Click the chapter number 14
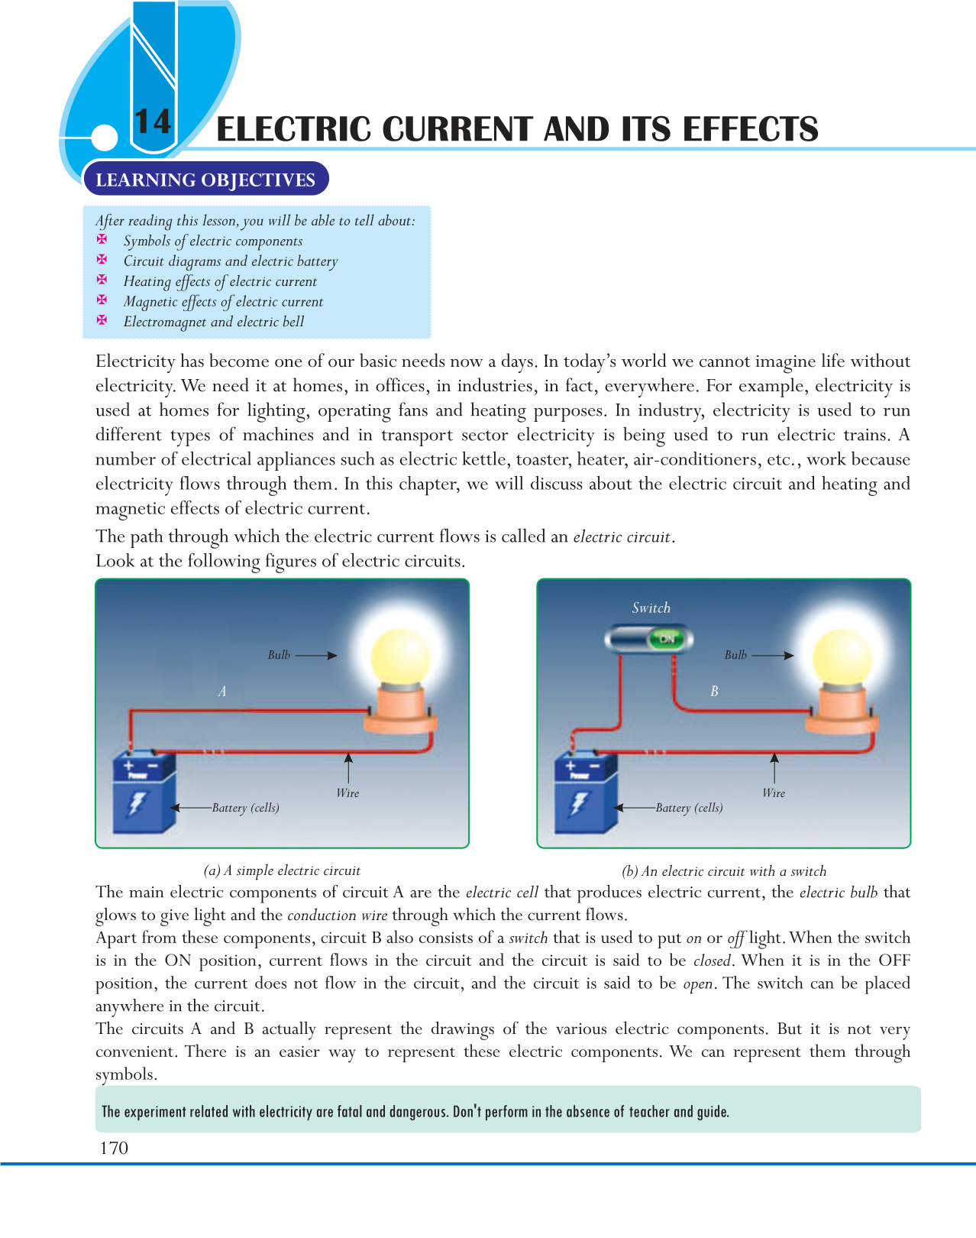[x=152, y=122]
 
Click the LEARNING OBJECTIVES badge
[x=205, y=180]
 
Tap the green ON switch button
[x=666, y=639]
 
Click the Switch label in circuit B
[x=651, y=608]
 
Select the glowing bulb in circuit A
[x=400, y=657]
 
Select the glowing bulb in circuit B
[x=842, y=657]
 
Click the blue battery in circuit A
[x=144, y=791]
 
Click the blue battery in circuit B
[x=585, y=791]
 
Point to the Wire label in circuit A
[x=347, y=793]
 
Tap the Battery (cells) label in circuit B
[x=689, y=808]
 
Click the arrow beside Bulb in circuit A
[x=316, y=655]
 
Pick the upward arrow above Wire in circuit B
[x=774, y=767]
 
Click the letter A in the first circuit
[x=222, y=692]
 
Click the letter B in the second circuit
[x=714, y=692]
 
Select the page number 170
[x=114, y=1148]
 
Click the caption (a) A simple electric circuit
[x=282, y=870]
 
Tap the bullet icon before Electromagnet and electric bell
[x=102, y=320]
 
